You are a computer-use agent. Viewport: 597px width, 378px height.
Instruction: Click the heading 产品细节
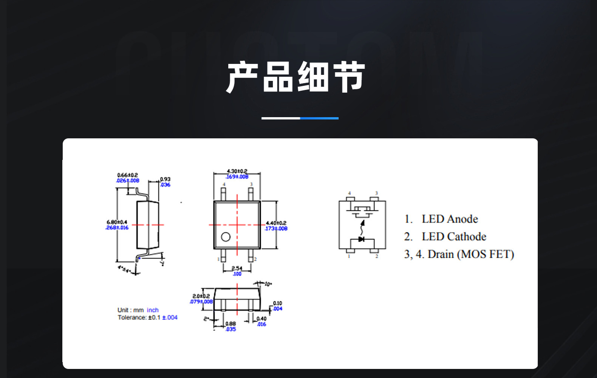coord(295,77)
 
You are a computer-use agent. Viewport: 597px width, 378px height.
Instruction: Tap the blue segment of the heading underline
coord(319,118)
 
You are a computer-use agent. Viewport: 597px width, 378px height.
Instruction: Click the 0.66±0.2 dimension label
coord(128,175)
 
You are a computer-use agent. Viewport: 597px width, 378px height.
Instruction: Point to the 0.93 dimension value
coord(165,179)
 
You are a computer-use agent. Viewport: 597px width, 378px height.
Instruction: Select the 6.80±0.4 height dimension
coord(117,222)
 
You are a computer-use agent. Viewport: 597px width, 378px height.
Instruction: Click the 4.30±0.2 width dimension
coord(237,171)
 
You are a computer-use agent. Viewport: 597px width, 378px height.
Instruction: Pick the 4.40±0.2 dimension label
coord(276,223)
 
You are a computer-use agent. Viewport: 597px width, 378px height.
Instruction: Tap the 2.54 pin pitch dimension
coord(237,268)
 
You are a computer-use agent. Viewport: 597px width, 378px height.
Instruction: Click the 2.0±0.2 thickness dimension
coord(201,296)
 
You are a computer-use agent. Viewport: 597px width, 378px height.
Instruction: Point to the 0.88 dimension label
coord(230,324)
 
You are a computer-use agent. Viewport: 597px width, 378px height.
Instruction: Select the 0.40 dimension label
coord(261,319)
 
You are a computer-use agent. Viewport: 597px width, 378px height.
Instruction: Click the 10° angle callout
coord(268,284)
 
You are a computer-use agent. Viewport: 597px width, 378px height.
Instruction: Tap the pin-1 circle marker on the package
coord(226,237)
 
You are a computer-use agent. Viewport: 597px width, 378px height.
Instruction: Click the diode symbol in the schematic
coord(361,239)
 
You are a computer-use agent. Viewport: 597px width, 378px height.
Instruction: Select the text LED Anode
coord(450,219)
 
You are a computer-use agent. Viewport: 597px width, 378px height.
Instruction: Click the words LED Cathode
coord(454,237)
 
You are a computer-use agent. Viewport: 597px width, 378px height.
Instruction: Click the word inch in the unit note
coord(153,310)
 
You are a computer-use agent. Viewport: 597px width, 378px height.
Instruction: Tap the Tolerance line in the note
coord(147,318)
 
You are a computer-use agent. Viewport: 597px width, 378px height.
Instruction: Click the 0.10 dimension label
coord(277,303)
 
